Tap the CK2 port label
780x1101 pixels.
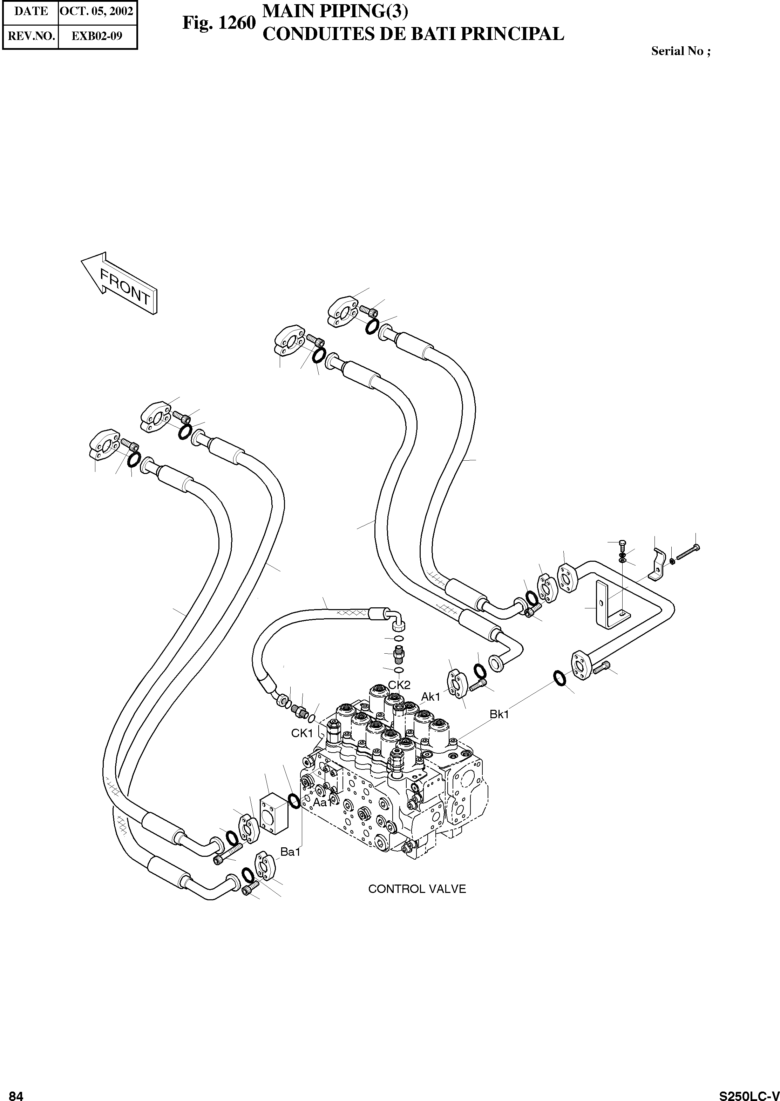coord(399,685)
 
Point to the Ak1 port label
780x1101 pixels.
coord(431,697)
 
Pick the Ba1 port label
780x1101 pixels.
coord(291,852)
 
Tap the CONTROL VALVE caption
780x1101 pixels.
coord(417,889)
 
